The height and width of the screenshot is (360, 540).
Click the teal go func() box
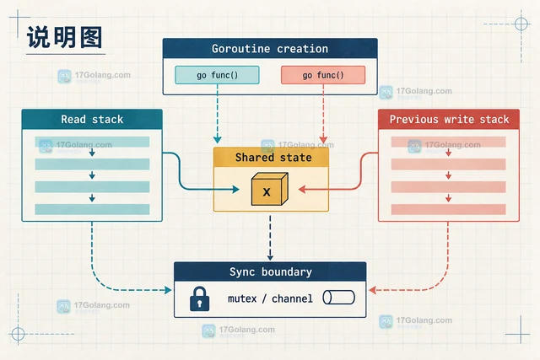click(217, 75)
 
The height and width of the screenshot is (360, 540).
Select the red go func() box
click(323, 75)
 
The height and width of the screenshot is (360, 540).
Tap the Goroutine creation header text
click(270, 49)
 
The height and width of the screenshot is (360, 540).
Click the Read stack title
click(92, 119)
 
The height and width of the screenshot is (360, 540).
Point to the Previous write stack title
click(449, 119)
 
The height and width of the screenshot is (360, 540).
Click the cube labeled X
click(270, 189)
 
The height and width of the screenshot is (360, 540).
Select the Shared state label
click(273, 158)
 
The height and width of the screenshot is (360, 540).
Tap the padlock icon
click(199, 298)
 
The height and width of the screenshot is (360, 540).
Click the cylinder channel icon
click(339, 298)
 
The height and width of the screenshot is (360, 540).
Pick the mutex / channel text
click(270, 298)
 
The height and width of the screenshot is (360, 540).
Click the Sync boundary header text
click(271, 271)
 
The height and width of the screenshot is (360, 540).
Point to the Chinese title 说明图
click(64, 37)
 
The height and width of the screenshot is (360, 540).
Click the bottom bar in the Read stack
click(92, 209)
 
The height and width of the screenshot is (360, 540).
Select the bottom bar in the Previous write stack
click(448, 209)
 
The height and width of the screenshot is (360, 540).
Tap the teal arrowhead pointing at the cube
click(236, 189)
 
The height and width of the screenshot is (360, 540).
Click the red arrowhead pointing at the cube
click(302, 189)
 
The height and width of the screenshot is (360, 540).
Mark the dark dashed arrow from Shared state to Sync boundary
click(270, 238)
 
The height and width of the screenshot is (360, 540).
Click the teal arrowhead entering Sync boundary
click(168, 290)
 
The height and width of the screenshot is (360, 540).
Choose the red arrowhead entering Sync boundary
click(372, 290)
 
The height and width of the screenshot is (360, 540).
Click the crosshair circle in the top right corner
click(521, 24)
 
